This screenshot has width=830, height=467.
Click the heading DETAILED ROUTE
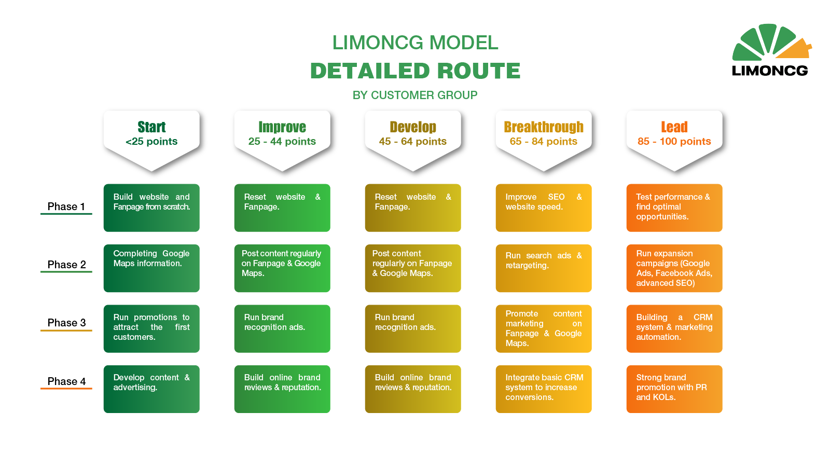pos(416,71)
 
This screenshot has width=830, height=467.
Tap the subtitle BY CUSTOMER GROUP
pos(415,95)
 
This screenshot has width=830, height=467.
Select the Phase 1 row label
pos(66,207)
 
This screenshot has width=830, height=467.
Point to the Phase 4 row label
pos(66,381)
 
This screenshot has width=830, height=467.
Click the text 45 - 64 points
pos(413,141)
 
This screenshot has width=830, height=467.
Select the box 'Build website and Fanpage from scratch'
pos(151,208)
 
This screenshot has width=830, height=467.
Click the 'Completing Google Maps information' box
pos(151,268)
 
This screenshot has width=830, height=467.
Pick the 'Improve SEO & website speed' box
pos(544,208)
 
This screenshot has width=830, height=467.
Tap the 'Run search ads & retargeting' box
pos(544,268)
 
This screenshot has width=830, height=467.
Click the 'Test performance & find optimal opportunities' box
pos(674,208)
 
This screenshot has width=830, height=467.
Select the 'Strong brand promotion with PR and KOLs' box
pos(674,389)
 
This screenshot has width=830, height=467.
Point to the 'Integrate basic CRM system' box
pos(544,389)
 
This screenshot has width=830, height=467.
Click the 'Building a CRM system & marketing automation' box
pos(674,329)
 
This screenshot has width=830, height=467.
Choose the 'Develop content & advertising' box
pos(151,389)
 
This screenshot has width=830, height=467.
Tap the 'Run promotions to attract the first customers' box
pos(151,329)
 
